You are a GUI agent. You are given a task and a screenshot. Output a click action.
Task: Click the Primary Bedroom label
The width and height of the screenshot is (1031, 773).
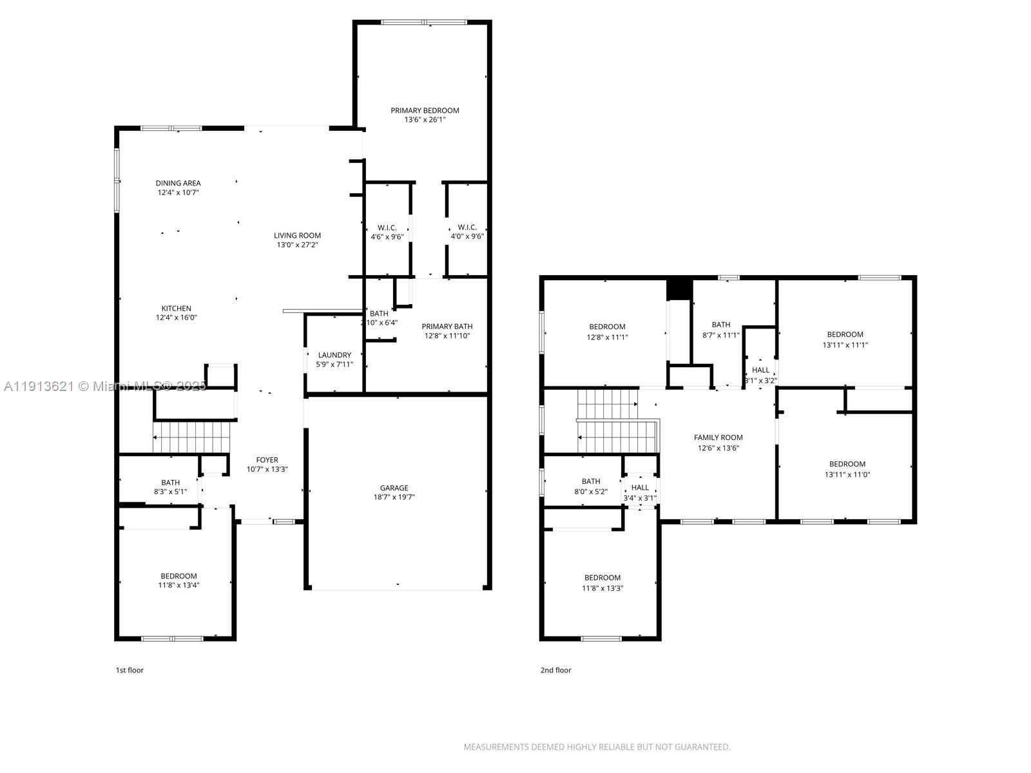tap(425, 111)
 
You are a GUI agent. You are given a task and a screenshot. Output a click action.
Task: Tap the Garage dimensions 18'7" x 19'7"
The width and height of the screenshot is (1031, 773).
tap(394, 497)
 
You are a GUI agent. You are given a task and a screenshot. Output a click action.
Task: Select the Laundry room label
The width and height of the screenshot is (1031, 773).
tap(334, 355)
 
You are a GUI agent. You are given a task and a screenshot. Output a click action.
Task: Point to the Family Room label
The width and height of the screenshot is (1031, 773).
tap(718, 438)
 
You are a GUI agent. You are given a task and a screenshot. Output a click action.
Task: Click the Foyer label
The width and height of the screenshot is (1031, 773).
tap(267, 460)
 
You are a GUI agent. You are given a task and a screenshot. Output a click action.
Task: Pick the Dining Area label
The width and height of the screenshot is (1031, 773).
tap(178, 184)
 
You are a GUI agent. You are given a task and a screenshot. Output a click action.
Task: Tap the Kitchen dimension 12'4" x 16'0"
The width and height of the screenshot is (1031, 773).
tap(176, 318)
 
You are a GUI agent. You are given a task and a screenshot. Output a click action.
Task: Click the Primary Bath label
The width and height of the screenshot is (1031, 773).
tap(447, 327)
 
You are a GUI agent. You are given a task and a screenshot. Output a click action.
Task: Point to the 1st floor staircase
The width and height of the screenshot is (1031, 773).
tap(191, 437)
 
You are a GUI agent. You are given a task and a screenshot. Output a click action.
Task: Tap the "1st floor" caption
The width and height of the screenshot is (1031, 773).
tap(130, 670)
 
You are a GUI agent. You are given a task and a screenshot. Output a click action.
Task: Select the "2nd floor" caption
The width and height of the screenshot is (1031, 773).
tap(555, 670)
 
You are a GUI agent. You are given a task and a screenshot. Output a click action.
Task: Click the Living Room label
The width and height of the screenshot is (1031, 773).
tap(297, 236)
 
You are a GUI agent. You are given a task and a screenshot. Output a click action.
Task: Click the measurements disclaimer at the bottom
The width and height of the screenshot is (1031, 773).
tap(597, 747)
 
